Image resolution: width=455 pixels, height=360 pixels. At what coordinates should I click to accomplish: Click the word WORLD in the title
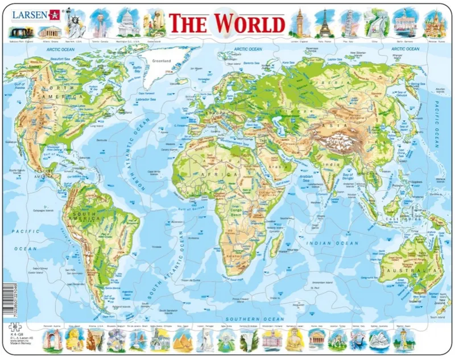click(250, 24)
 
